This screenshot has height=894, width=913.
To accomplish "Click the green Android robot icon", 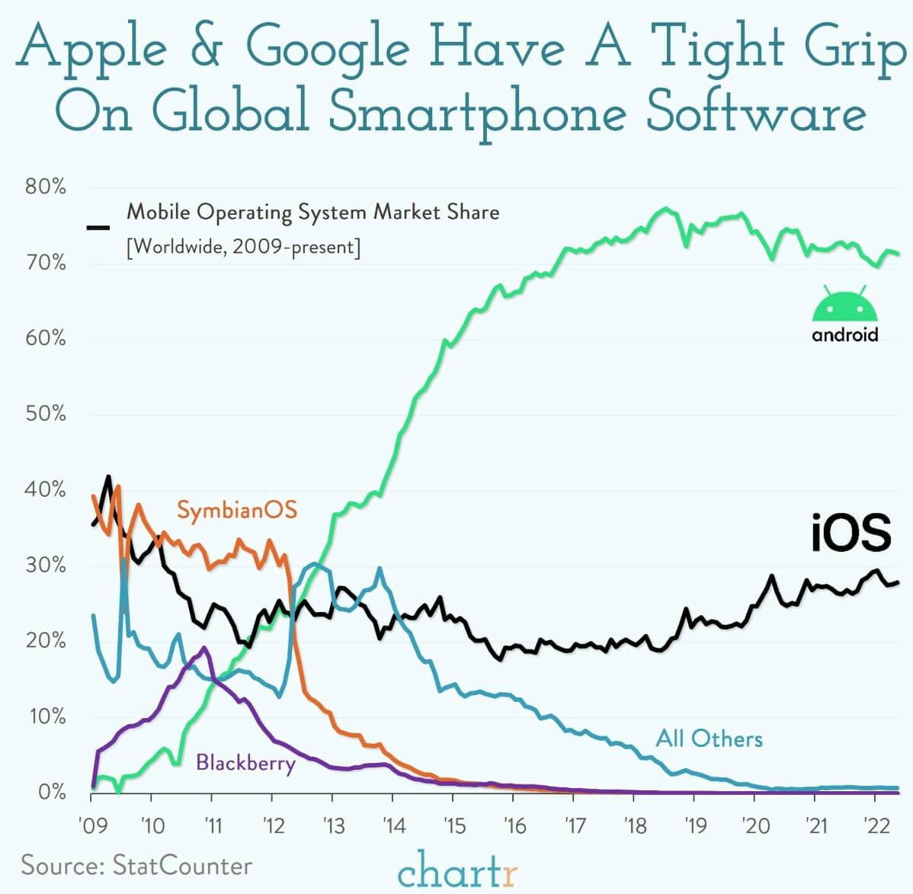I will [844, 305].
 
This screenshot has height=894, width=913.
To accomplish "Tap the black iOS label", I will [850, 533].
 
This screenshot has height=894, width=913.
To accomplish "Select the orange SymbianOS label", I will [236, 509].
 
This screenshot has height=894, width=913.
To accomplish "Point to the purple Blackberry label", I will [245, 762].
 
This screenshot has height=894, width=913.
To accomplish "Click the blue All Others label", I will [709, 738].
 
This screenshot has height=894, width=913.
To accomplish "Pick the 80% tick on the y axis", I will [46, 187].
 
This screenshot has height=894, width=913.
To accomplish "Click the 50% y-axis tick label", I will [46, 414].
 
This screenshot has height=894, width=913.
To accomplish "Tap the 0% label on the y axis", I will [51, 792].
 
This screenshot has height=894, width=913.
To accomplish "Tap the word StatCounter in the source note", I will [181, 865].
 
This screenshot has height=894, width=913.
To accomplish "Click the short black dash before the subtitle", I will [98, 227].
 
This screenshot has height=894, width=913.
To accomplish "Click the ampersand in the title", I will [207, 47].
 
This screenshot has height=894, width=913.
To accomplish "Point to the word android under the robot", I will [844, 335].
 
